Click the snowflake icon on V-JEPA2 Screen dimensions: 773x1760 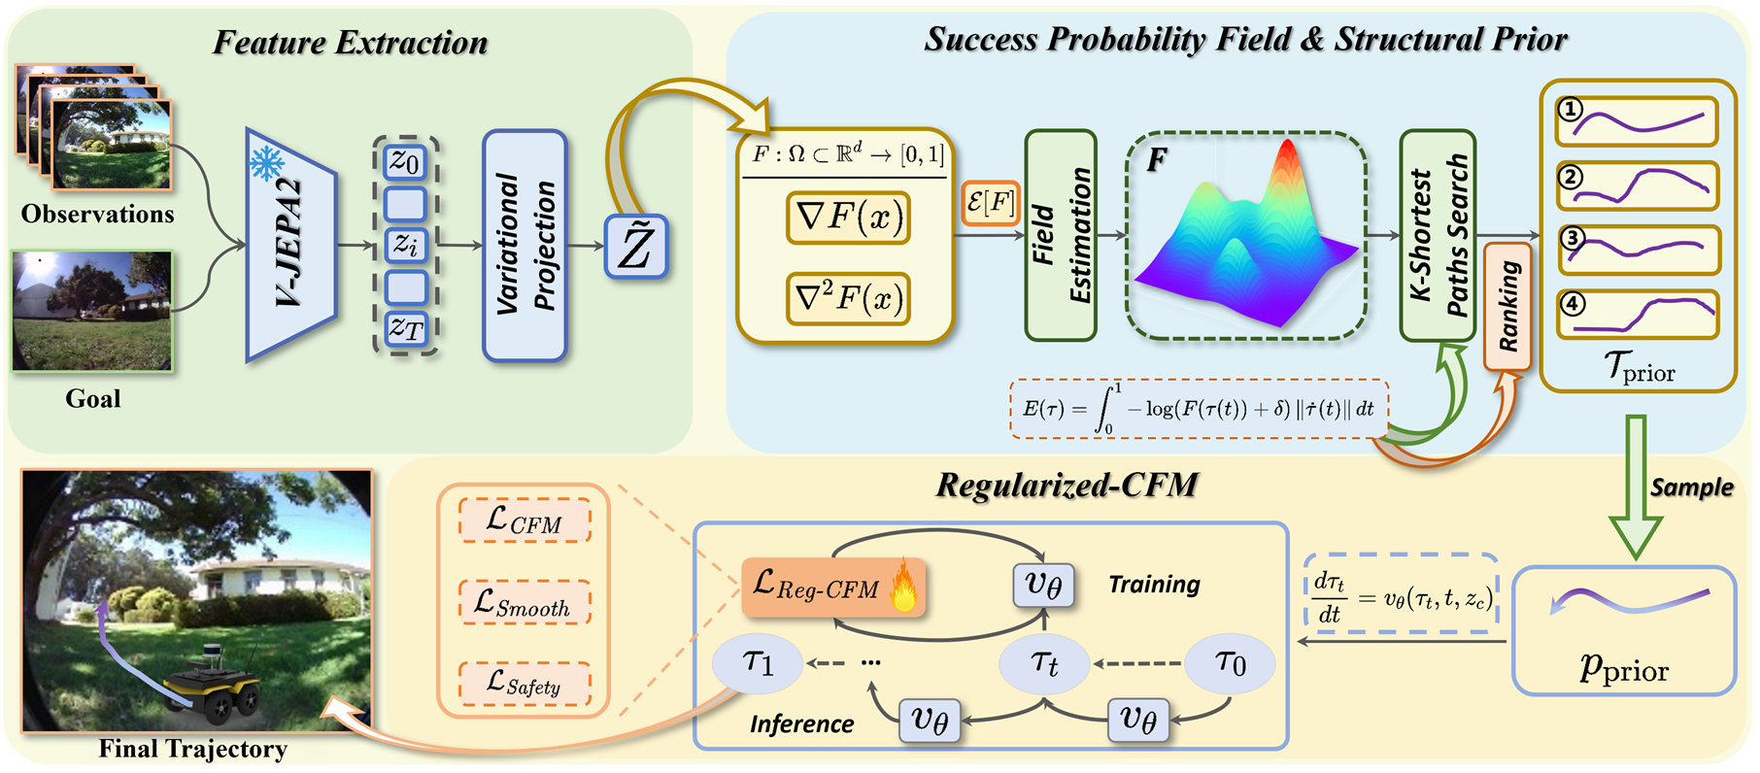click(x=267, y=162)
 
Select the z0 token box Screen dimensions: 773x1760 click(x=405, y=161)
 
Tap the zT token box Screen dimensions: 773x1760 click(x=405, y=329)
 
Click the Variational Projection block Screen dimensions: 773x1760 click(x=525, y=245)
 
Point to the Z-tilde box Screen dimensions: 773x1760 click(x=636, y=247)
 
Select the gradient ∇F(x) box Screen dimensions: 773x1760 click(x=848, y=217)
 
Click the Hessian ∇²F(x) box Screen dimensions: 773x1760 click(x=848, y=298)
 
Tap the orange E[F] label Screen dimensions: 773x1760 click(x=990, y=203)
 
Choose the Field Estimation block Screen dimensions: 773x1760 click(x=1061, y=236)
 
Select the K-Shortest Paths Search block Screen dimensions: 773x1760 click(x=1438, y=236)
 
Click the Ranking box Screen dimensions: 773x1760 click(x=1506, y=307)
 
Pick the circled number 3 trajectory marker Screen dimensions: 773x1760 click(x=1572, y=237)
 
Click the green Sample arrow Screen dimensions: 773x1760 click(x=1636, y=486)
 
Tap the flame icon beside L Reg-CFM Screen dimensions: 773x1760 click(x=903, y=586)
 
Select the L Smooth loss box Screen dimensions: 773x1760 click(x=524, y=603)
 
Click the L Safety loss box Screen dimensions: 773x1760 click(x=524, y=683)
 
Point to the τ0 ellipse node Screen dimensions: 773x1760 click(x=1230, y=663)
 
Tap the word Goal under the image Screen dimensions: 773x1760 click(x=93, y=398)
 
